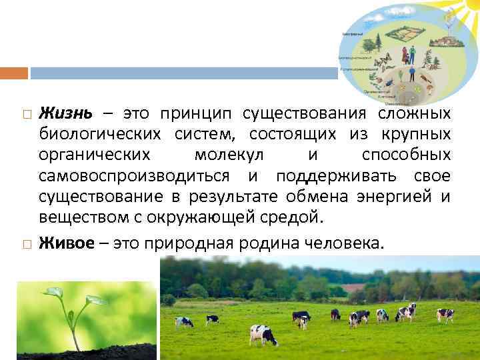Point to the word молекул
click(x=229, y=155)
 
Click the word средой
click(x=291, y=217)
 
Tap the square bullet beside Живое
click(x=24, y=244)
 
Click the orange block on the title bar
click(x=14, y=72)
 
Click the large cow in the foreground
click(x=263, y=334)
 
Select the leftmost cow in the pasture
click(x=184, y=321)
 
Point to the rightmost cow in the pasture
click(x=445, y=314)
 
